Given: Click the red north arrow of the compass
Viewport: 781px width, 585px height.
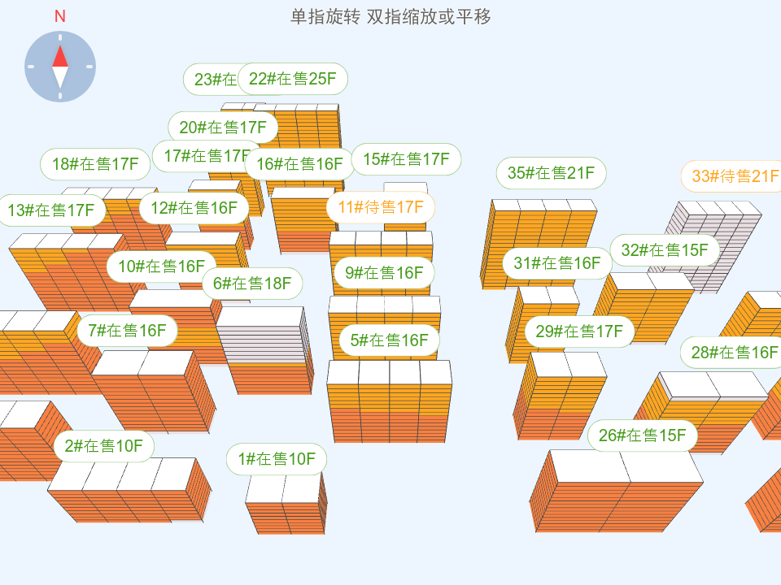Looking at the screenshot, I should coord(60,55).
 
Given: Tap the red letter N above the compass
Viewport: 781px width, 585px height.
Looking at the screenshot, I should coord(60,16).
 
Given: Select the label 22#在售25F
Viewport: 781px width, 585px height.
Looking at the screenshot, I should coord(293,79).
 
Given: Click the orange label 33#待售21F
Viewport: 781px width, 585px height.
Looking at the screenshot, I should coord(731,176).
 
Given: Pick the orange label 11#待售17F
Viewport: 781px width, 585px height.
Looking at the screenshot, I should coord(381,207).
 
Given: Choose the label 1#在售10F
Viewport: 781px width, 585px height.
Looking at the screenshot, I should coord(277,459).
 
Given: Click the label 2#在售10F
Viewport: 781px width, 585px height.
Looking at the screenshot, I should coord(103,446).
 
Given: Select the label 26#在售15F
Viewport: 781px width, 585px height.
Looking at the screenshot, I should coord(643,435).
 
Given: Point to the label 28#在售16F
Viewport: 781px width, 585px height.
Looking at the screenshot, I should coord(731,353).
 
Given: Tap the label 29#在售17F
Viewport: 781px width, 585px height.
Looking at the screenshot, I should coord(579,331).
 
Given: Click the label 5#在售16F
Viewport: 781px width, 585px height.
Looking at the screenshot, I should coord(389,340).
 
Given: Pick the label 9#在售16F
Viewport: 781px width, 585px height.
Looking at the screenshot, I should coord(384,273).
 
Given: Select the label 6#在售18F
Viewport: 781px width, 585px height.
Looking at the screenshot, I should coord(252,284).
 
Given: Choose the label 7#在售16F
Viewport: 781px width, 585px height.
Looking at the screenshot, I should coord(127,331).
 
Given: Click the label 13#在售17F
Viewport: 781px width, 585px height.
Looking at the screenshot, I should coord(51,210).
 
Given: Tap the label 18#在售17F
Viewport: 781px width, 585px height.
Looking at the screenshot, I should coord(95,164).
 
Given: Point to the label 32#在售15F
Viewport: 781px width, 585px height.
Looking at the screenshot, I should coord(665,250).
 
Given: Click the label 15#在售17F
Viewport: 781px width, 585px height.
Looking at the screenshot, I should coord(406,159).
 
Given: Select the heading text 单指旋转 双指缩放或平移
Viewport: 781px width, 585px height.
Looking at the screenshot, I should coord(390,16).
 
